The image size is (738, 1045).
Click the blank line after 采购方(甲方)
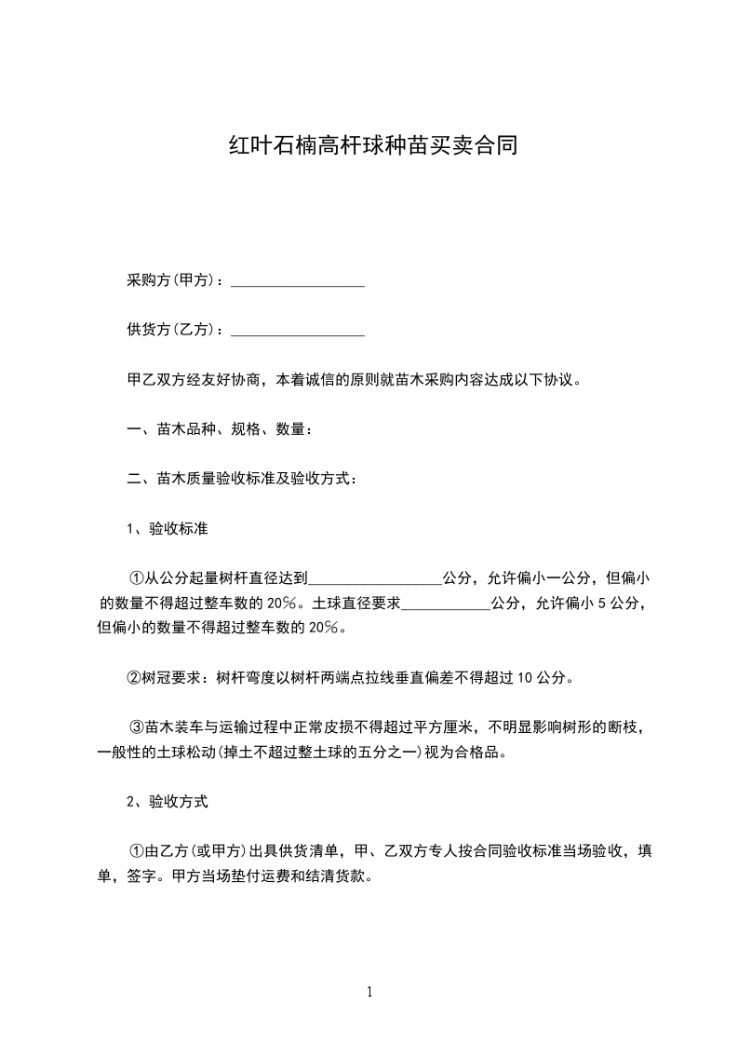(297, 282)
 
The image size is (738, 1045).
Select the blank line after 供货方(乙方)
(297, 331)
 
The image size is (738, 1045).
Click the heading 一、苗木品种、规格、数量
(219, 429)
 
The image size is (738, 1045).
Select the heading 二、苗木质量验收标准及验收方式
(241, 479)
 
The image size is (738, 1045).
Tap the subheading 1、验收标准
(167, 529)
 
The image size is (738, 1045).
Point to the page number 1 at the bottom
(369, 993)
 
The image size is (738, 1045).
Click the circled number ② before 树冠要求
(135, 677)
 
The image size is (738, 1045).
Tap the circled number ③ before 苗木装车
(135, 727)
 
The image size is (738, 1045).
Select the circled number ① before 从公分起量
(135, 578)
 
